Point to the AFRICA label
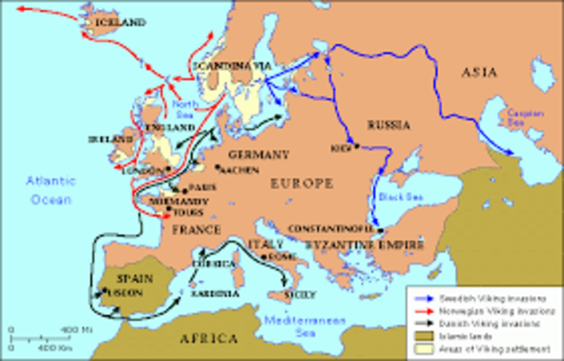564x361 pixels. pyautogui.click(x=208, y=336)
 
